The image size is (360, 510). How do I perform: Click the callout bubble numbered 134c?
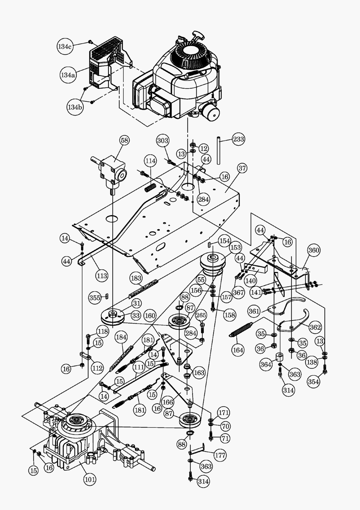click(65, 46)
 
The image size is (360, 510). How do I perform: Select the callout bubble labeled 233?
click(238, 139)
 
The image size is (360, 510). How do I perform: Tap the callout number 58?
click(124, 140)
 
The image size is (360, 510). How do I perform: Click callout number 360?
click(314, 250)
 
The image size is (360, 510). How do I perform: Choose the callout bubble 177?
click(220, 455)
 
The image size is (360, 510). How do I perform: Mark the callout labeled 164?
click(238, 350)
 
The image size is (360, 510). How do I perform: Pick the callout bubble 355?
click(95, 298)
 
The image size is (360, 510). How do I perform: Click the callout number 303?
click(163, 141)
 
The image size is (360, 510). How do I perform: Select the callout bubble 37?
click(242, 168)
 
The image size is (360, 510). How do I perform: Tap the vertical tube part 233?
click(219, 151)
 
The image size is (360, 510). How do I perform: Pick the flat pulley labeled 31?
click(112, 316)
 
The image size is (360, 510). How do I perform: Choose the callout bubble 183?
click(136, 278)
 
